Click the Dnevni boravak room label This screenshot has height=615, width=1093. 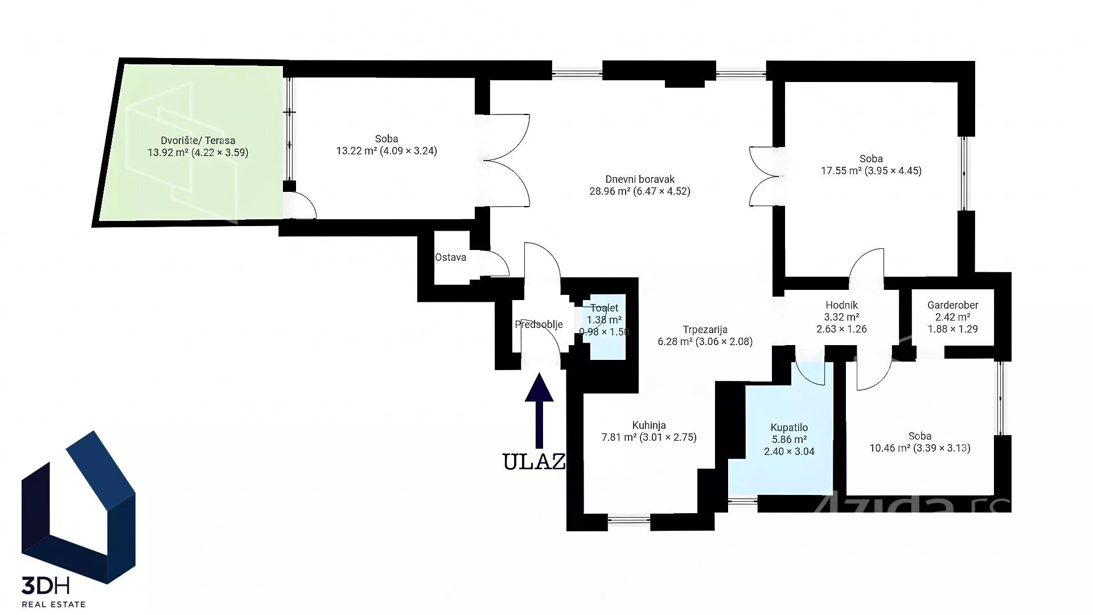coord(640,179)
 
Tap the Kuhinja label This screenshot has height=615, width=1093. coord(649,425)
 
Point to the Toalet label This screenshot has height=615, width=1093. coord(604,308)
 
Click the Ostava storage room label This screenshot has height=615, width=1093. coord(450,257)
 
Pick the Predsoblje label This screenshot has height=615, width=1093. coord(539,325)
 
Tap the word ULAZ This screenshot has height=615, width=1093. coord(534,461)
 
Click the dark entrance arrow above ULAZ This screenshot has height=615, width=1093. coord(539,411)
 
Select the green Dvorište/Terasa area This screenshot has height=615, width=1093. coord(191,142)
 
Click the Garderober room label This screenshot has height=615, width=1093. coord(953,305)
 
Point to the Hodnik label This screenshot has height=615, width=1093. coord(841,305)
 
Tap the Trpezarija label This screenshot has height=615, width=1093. coord(705,330)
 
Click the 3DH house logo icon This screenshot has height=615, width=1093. coord(78,507)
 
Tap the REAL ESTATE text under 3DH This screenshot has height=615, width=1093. coord(54,604)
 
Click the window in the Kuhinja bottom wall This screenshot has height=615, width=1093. coord(629,519)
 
